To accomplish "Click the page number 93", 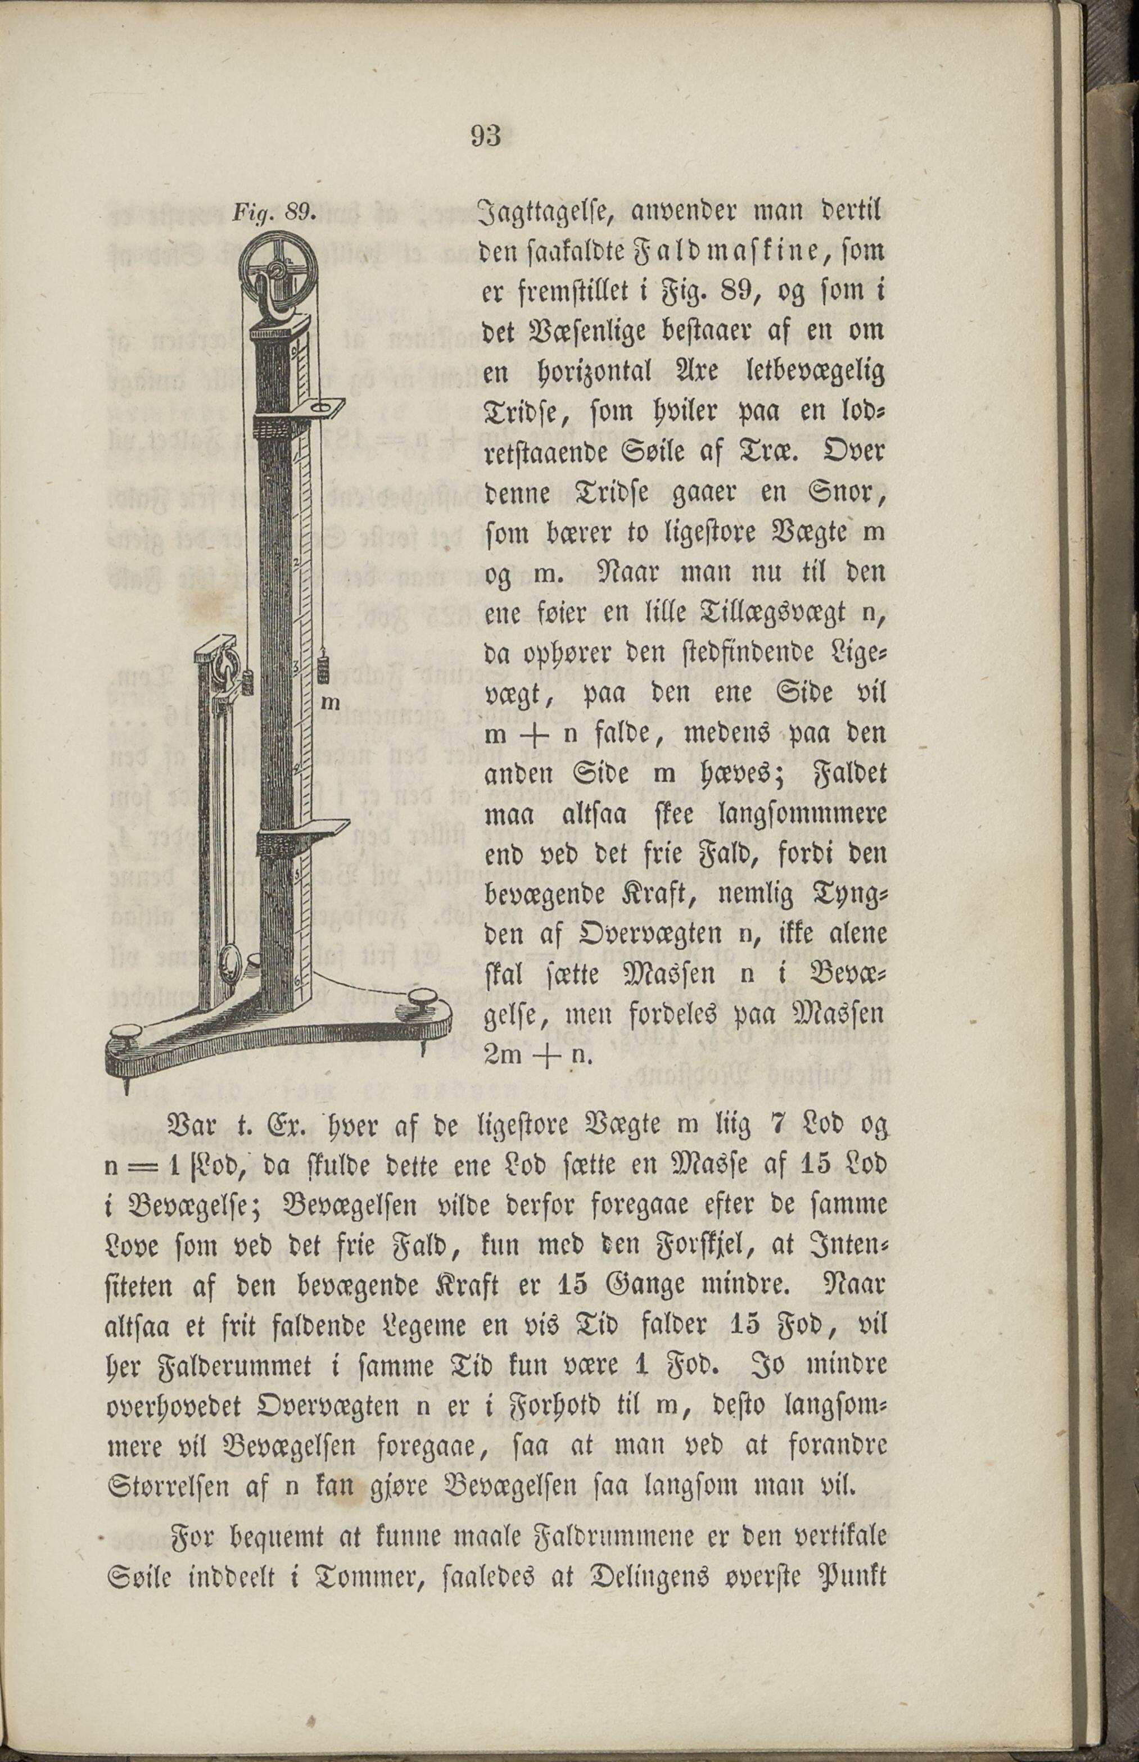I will (485, 136).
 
